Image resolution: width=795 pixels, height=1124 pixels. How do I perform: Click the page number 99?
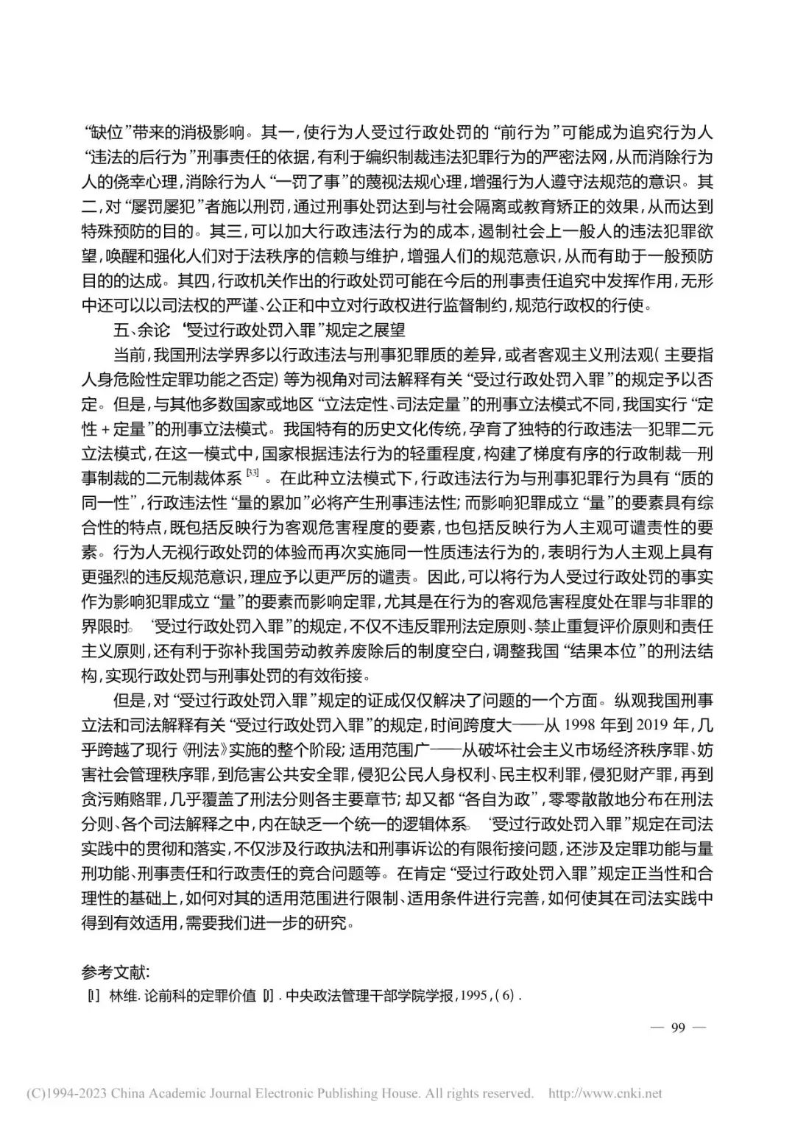[x=678, y=1027]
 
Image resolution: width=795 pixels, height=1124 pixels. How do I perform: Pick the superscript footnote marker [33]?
[x=252, y=473]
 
